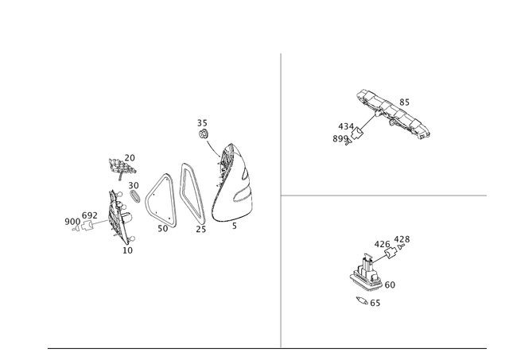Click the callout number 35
coord(202,123)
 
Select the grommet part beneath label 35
coord(204,134)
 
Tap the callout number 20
coord(130,157)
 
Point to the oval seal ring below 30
coord(134,196)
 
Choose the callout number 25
coord(201,230)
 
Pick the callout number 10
coord(127,250)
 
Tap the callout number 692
coord(90,215)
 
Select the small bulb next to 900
coord(76,229)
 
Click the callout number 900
coord(72,222)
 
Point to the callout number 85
coord(404,103)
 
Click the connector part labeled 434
coord(357,133)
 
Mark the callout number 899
coord(340,139)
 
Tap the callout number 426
coord(382,244)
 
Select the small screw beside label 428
coord(401,247)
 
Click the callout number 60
coord(390,285)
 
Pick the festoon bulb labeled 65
coord(362,300)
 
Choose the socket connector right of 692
coord(87,225)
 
